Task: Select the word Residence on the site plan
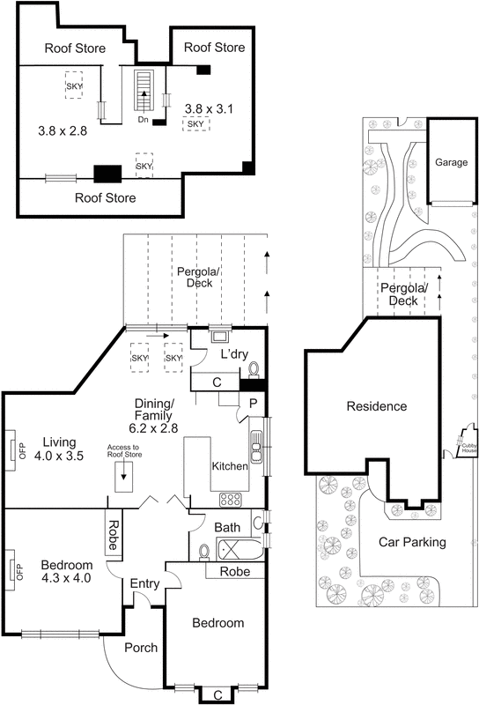coord(376,406)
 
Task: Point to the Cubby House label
coord(468,449)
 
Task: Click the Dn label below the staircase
coord(141,118)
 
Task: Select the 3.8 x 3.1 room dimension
coord(204,108)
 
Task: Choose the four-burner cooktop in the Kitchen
coord(231,499)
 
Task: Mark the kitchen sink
coord(256,446)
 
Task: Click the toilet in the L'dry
coord(253,369)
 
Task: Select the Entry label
coord(144,583)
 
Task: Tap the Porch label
coord(141,648)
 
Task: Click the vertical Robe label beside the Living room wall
coord(113,532)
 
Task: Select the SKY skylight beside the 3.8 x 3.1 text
coord(195,124)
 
